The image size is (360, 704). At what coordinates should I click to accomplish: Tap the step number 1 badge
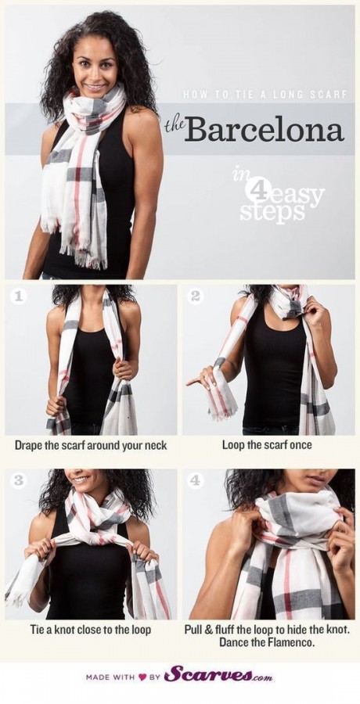tap(19, 296)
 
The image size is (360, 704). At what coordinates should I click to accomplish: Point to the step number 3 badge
tap(19, 480)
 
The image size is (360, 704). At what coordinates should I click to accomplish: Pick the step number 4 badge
tap(195, 480)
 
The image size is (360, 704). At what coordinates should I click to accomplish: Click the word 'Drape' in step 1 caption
tap(27, 447)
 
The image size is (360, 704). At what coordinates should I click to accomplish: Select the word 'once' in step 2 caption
tap(301, 446)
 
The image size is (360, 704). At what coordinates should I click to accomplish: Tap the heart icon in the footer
tap(143, 677)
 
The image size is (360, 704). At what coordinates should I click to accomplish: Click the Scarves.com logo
tap(218, 675)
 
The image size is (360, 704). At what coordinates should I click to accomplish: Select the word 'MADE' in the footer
tap(97, 677)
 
